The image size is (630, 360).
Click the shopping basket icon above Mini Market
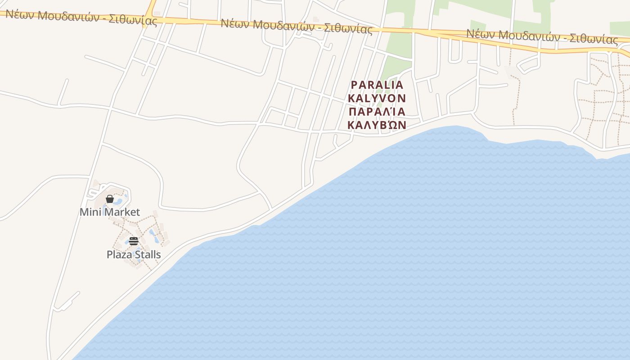tap(109, 199)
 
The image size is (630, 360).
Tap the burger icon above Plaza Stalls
tap(133, 241)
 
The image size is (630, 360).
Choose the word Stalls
tap(147, 255)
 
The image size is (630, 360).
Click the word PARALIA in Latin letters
tap(377, 85)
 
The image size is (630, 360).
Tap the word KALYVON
tap(377, 98)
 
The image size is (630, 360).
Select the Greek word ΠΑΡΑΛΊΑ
tap(377, 112)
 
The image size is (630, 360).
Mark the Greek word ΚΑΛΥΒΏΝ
tap(377, 125)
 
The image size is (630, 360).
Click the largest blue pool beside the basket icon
tap(118, 202)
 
